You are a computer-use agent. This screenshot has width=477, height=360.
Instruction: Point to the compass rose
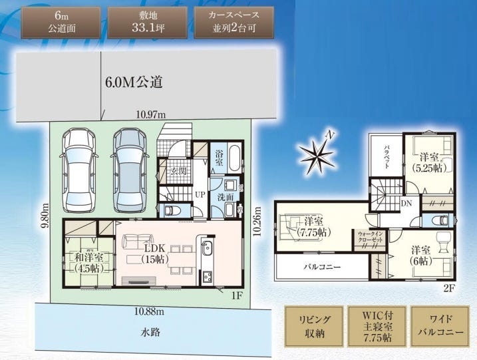click(317, 156)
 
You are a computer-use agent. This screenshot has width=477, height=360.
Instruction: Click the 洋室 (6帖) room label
click(418, 254)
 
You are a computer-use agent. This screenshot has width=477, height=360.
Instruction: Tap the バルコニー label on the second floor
click(322, 267)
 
